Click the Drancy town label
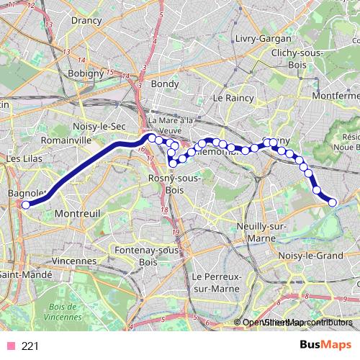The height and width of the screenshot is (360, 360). pyautogui.click(x=86, y=20)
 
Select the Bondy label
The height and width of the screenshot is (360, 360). pyautogui.click(x=164, y=84)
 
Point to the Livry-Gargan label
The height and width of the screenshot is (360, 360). pyautogui.click(x=263, y=37)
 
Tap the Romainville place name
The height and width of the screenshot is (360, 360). pyautogui.click(x=66, y=140)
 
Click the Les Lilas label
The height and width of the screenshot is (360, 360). pyautogui.click(x=24, y=158)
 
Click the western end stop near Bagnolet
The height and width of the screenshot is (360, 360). pyautogui.click(x=26, y=204)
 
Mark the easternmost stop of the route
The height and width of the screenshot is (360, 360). pyautogui.click(x=333, y=203)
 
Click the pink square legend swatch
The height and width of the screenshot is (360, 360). pyautogui.click(x=11, y=346)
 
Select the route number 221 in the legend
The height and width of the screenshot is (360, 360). pyautogui.click(x=30, y=346)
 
